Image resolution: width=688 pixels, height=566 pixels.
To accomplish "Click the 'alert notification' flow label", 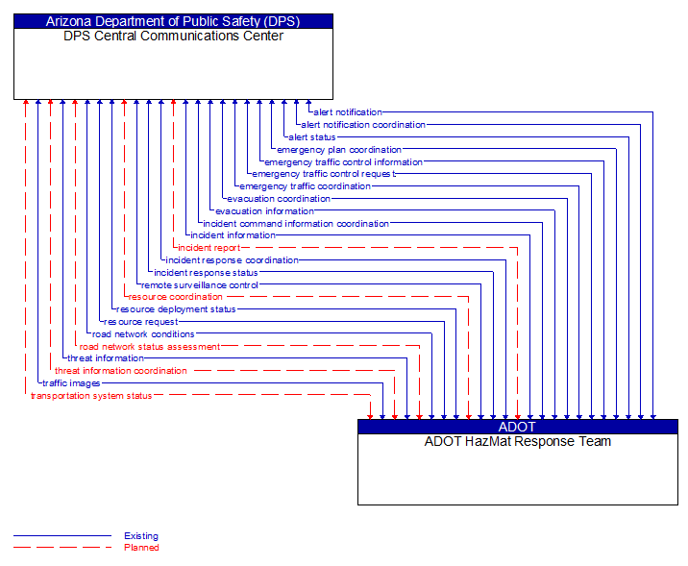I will pos(347,112).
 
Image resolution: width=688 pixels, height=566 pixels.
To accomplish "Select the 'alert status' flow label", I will pos(312,137).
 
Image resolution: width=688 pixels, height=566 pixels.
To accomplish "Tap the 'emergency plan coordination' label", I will pos(339,150).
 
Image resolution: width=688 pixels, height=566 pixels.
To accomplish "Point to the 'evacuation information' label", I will pos(264,211).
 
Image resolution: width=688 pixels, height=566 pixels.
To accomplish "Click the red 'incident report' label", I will pos(209,248).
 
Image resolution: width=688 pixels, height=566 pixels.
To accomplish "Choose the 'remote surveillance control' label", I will pos(200,284).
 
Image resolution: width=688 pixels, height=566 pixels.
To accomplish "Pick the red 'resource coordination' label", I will pos(175,297).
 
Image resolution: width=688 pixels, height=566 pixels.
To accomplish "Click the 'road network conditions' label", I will pos(143,334).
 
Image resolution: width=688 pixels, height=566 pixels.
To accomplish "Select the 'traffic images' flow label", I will pos(71,383).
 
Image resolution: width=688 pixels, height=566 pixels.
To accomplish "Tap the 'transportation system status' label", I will pos(91,396).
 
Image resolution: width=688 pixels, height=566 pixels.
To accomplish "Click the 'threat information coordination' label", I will pos(121,371).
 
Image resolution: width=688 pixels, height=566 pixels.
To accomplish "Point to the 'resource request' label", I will pos(140,322).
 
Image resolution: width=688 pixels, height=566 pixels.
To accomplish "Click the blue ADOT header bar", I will pos(517,428).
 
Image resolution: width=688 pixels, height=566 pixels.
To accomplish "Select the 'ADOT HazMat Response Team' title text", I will pos(517,442).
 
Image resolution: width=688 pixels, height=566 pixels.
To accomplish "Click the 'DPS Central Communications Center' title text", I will pos(173,37).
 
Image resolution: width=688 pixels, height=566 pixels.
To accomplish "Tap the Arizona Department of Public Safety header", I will pos(173,21).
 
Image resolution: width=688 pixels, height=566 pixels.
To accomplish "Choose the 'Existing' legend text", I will pos(141,536).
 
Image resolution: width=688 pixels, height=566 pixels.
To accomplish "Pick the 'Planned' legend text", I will pos(141,548).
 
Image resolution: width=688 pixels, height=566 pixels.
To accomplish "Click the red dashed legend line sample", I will pos(62,548).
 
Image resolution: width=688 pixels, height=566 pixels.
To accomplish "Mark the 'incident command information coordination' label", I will pos(295,224).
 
